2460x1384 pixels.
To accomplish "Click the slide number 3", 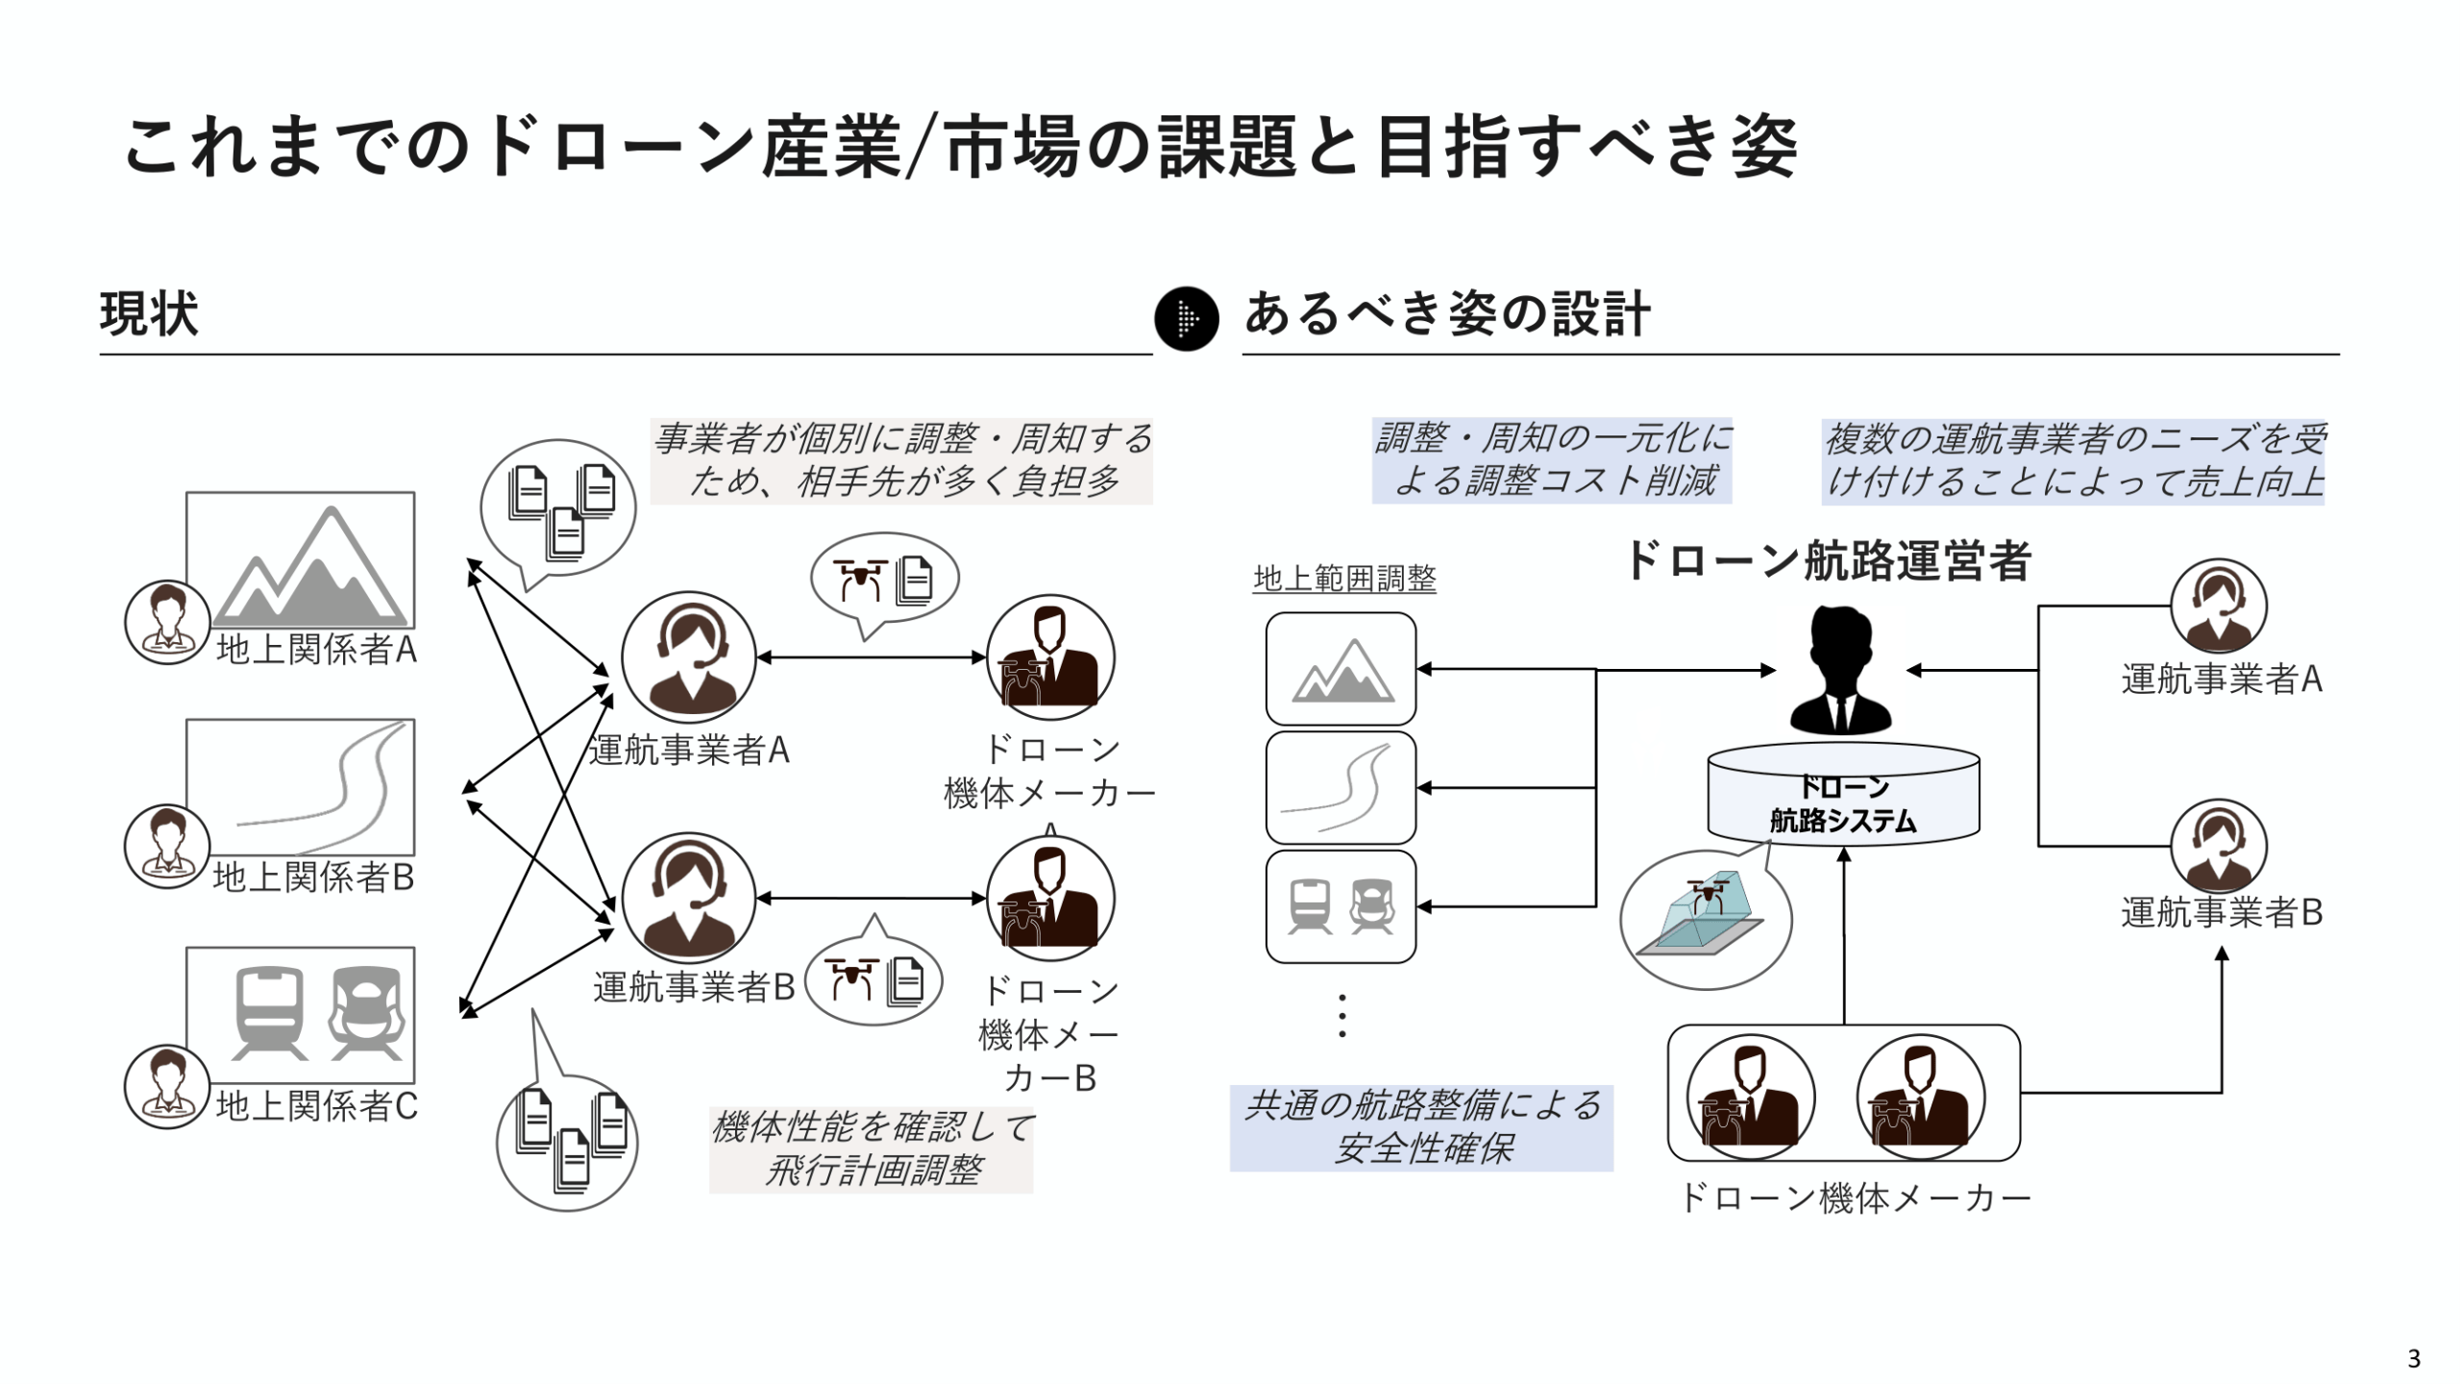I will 2413,1359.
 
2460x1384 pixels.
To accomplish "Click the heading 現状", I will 149,313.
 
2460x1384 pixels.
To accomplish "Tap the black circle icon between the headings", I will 1186,319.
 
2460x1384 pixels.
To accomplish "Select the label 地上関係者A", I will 316,650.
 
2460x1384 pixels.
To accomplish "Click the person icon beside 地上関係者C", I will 167,1086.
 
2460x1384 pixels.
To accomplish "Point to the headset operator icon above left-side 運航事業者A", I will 688,657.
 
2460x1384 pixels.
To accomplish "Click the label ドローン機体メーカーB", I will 1048,1034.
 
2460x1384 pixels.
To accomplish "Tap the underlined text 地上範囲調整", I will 1344,579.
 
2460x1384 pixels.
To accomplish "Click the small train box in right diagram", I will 1341,906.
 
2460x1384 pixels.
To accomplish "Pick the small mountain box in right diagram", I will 1341,669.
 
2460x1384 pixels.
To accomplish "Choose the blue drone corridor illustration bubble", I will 1706,920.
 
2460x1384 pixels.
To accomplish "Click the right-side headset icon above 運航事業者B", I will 2218,846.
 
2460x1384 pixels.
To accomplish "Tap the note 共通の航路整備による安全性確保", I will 1421,1127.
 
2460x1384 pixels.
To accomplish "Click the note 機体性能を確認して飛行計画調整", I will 871,1149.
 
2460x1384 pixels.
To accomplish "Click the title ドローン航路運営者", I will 1826,561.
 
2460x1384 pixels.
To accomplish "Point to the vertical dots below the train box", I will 1341,1016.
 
